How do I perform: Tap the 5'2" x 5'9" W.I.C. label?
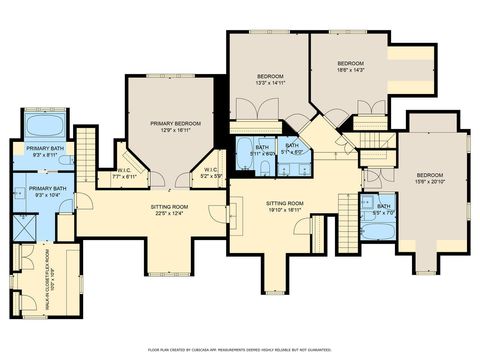212,173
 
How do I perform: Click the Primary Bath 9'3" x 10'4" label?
48,191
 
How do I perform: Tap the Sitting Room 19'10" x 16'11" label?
284,207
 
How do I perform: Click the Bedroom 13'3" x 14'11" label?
270,80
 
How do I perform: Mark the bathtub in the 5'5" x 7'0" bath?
379,231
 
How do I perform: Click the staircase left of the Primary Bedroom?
86,153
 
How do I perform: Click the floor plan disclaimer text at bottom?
239,350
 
